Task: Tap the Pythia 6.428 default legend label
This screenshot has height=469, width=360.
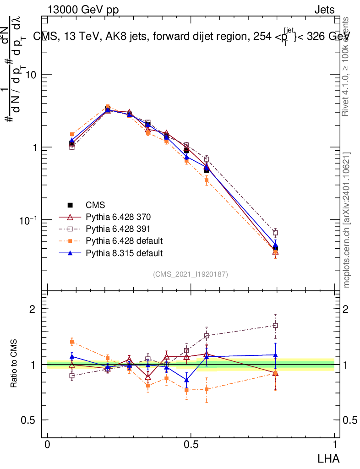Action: (124, 241)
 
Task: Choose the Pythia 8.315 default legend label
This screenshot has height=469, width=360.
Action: (124, 253)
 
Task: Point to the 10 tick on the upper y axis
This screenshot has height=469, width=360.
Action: (33, 75)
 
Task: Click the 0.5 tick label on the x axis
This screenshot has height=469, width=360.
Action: (191, 445)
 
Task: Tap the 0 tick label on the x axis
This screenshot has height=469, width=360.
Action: (48, 445)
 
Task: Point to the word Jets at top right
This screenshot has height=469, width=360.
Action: (324, 10)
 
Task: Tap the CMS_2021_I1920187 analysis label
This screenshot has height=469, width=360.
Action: (191, 274)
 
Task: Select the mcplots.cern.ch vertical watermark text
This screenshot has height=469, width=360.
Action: (347, 220)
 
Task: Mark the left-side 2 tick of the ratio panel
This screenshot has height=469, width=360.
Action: (33, 309)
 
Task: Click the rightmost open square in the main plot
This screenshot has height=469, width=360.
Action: (275, 233)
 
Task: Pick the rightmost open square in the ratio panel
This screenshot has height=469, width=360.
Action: (275, 326)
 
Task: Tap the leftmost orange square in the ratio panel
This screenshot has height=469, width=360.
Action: (72, 342)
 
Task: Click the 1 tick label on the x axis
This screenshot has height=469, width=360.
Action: (334, 445)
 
